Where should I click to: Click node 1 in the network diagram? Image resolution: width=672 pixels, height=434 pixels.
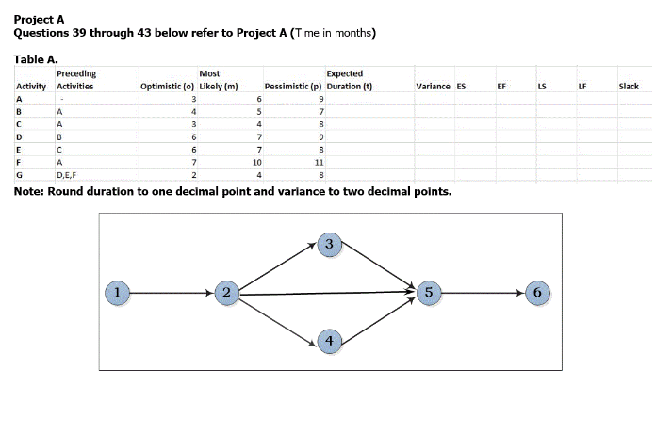click(116, 293)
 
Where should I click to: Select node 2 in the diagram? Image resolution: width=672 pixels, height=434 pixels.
click(225, 293)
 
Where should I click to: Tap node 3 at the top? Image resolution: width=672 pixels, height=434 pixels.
click(328, 245)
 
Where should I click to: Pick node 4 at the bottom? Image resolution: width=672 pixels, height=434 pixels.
click(328, 340)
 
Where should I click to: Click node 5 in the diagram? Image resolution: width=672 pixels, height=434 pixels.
click(429, 293)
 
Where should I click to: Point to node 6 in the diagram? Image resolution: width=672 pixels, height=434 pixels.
click(536, 293)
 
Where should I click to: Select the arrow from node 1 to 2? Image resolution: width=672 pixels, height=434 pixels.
click(171, 293)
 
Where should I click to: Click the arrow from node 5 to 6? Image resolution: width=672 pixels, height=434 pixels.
click(483, 293)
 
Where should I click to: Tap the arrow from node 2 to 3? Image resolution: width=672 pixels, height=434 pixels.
click(276, 269)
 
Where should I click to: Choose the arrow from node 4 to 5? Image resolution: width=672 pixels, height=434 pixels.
click(378, 316)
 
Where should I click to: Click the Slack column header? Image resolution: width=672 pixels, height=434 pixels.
click(629, 87)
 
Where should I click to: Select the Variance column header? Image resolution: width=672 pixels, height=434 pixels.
click(433, 87)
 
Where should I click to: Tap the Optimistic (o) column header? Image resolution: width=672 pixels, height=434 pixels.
click(167, 87)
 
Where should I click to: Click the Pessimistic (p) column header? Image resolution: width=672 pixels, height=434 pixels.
click(293, 87)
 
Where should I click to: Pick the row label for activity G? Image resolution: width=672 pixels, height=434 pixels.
click(20, 174)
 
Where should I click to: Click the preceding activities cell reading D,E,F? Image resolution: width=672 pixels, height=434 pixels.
click(66, 174)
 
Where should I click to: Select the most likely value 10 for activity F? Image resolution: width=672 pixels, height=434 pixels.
click(254, 162)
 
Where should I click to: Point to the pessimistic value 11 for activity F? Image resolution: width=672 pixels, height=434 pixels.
click(320, 162)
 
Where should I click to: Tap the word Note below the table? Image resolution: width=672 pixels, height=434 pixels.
click(29, 191)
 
